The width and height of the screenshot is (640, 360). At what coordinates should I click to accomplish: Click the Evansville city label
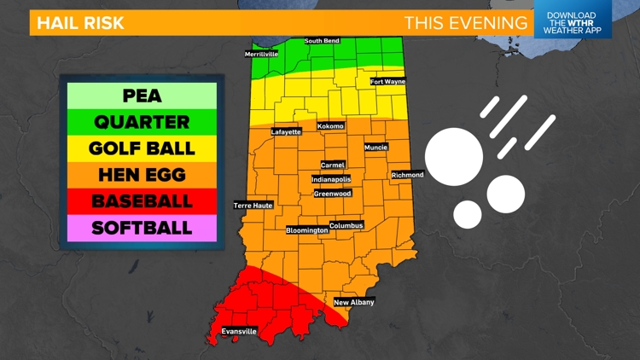point(239,331)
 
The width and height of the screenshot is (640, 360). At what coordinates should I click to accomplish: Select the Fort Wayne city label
point(388,82)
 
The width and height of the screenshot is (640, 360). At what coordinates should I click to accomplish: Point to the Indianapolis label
point(331,180)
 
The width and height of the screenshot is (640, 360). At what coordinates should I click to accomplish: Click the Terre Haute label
point(253,206)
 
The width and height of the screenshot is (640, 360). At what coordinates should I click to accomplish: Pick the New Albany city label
point(353,302)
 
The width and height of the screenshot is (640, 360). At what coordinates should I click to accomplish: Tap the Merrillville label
point(262,54)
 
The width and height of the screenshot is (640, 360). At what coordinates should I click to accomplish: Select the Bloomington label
point(306,230)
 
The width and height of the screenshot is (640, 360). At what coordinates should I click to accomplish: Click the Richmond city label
point(407,175)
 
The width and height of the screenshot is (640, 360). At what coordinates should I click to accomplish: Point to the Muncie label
point(375,148)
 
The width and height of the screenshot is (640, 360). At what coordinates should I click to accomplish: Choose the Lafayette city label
point(286,132)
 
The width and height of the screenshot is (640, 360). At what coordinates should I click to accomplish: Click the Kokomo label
point(329,126)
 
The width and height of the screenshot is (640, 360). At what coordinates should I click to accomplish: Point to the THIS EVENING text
point(465,22)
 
